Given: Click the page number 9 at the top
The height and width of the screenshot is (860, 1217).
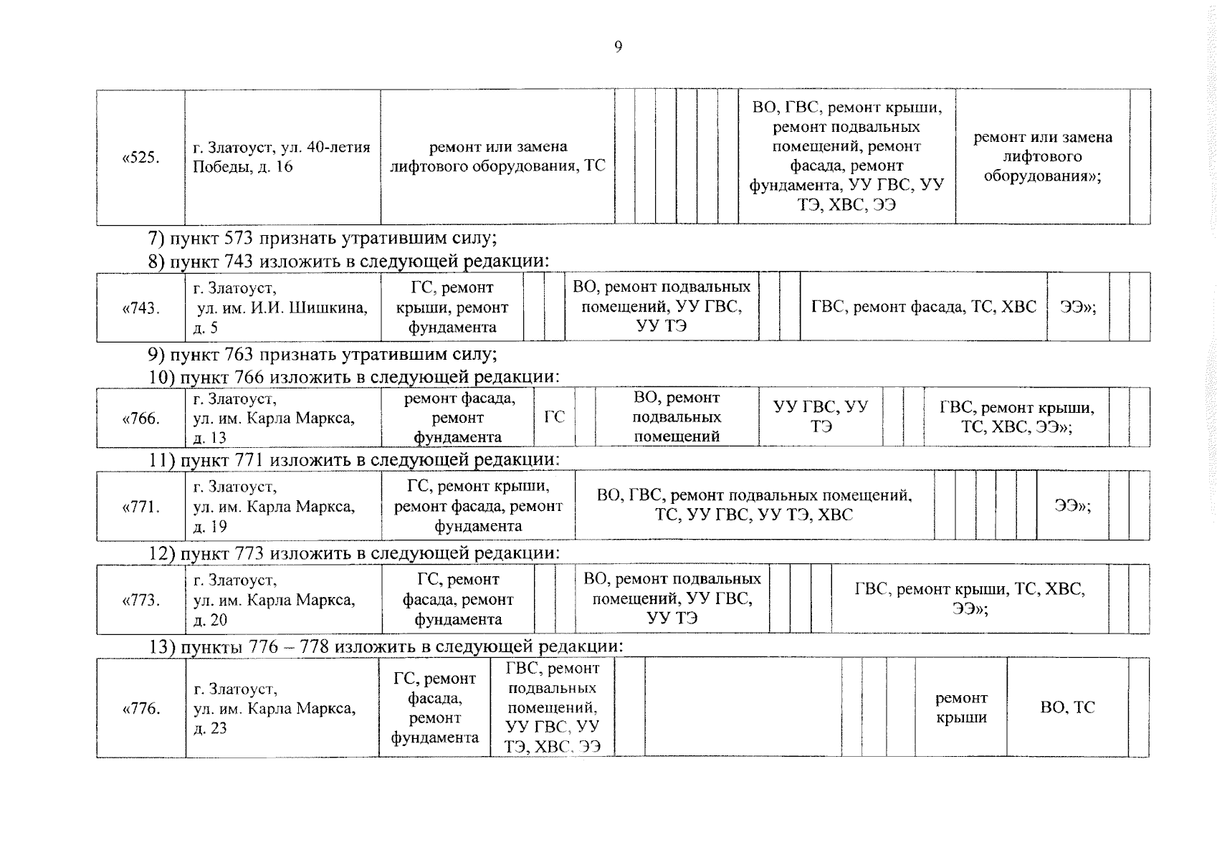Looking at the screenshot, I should tap(618, 47).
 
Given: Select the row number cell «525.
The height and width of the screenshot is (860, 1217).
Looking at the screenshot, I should tap(140, 157).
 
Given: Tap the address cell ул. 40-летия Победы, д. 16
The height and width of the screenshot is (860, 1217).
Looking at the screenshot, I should tap(282, 157).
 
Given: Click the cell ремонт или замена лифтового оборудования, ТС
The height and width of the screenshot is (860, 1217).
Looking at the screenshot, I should tap(497, 156).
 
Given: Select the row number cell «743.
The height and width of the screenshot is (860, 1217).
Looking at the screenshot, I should tap(140, 307).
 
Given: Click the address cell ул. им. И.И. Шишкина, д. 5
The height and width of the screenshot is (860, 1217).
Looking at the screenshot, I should tap(282, 307).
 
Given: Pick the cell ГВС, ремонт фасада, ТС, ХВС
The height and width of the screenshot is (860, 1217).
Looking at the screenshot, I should tap(923, 307).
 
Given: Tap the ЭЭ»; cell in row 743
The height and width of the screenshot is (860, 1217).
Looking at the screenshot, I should tap(1078, 307).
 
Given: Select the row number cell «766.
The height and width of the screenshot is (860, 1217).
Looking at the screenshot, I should tap(140, 418).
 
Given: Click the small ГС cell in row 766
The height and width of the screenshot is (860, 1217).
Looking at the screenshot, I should tap(554, 417).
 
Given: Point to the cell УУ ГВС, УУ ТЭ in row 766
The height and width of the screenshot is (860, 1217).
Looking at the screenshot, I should tap(821, 417).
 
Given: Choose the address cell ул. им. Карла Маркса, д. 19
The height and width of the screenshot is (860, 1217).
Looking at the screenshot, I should tap(282, 507).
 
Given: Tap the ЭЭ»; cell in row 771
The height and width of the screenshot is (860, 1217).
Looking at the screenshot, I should tap(1072, 506).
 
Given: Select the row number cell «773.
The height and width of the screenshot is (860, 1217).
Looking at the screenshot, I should tap(140, 600).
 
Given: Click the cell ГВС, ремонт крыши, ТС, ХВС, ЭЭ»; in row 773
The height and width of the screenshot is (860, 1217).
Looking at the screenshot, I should tap(969, 599).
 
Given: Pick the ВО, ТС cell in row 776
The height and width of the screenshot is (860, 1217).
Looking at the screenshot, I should tap(1067, 707).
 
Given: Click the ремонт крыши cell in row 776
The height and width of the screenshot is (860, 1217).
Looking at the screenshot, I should tap(961, 707).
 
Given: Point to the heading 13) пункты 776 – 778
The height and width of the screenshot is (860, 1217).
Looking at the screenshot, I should tap(386, 646).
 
